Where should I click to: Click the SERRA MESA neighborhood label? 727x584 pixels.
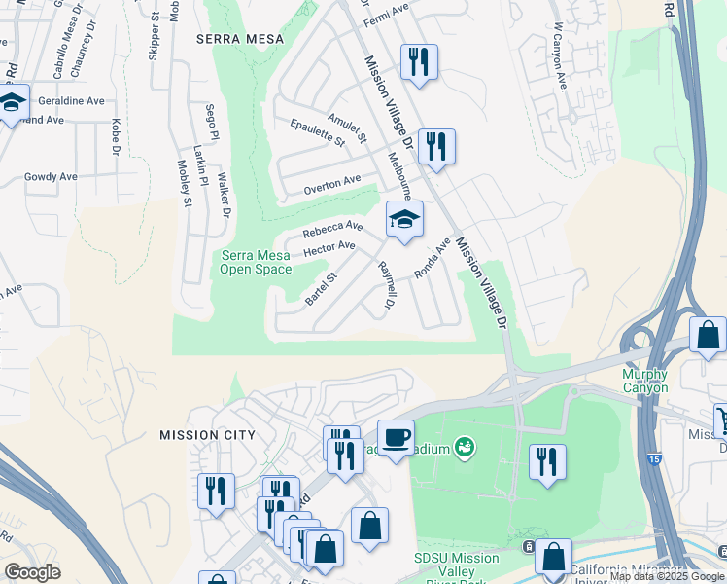point(239,39)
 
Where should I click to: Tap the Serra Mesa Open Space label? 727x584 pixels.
point(257,262)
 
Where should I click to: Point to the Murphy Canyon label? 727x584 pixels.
point(645,381)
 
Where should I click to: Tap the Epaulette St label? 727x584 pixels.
point(318,131)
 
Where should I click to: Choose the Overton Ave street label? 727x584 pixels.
point(331,181)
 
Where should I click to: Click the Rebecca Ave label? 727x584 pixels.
point(331,229)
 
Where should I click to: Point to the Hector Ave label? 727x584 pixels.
point(329,248)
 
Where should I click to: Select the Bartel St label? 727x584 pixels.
point(320,289)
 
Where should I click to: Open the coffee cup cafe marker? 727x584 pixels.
point(396,437)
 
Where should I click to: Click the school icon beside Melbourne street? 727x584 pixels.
point(404,219)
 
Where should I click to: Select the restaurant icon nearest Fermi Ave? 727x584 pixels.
point(419,61)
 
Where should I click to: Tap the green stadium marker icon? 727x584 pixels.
point(465,447)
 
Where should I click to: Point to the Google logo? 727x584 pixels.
point(33,572)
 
